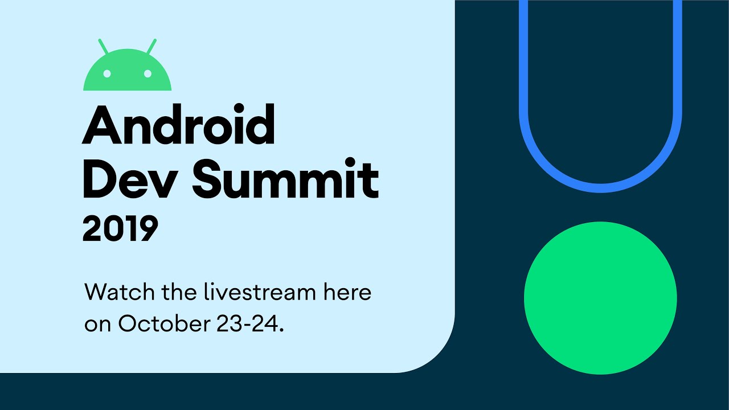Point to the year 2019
(x=120, y=228)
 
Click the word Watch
(x=118, y=293)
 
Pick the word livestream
(x=259, y=293)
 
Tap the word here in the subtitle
(x=347, y=293)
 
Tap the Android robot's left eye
(x=108, y=73)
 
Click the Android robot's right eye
(x=148, y=73)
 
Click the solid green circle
(x=600, y=298)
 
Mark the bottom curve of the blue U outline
(x=600, y=188)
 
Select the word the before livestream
(x=179, y=293)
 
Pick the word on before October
(x=98, y=324)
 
